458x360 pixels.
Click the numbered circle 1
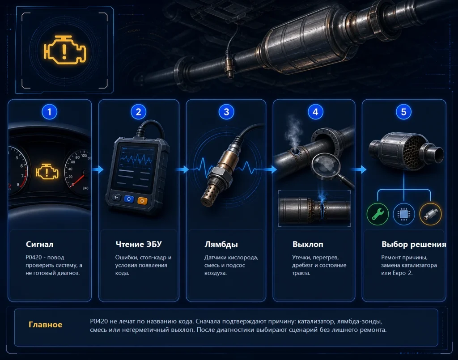point(49,112)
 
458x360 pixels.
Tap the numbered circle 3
point(226,112)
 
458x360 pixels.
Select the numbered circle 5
point(403,112)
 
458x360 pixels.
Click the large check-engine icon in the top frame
point(65,50)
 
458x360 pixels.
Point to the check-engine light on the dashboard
point(47,172)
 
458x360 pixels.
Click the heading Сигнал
point(39,244)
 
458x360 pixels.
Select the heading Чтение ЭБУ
point(139,244)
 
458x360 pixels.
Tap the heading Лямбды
point(221,244)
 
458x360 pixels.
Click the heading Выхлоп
point(308,244)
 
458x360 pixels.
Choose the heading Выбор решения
point(414,244)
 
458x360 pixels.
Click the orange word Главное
point(45,324)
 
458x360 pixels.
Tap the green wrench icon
point(377,214)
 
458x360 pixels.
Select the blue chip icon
point(404,214)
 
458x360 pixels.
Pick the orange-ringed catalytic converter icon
point(430,214)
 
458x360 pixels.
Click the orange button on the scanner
point(142,201)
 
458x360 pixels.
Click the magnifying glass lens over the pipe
point(326,165)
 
